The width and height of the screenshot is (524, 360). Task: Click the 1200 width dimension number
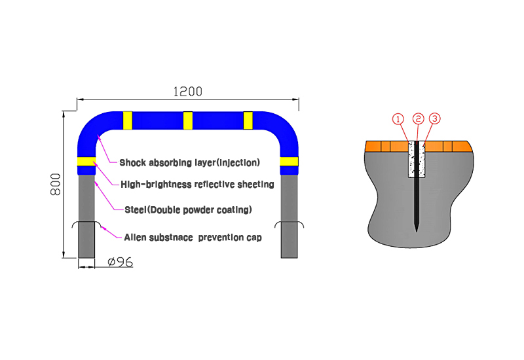[188, 92]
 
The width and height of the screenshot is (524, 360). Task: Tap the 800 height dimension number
[56, 184]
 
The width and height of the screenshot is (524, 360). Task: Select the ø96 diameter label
[121, 262]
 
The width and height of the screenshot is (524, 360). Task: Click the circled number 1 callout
[398, 118]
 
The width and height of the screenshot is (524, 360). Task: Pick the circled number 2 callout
[418, 118]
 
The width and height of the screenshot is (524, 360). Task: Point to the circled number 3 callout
[434, 118]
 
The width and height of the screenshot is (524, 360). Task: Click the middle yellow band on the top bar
[188, 120]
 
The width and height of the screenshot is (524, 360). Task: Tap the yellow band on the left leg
[86, 161]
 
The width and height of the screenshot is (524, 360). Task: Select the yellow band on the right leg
[289, 161]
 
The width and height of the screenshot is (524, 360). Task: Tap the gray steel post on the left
[86, 217]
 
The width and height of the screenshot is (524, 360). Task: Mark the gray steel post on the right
[289, 217]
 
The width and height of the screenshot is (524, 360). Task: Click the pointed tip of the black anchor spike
[417, 231]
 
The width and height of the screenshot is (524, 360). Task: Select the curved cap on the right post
[290, 222]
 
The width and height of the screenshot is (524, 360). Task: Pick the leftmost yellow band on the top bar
[128, 120]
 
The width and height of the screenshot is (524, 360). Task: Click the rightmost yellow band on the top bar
[248, 120]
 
